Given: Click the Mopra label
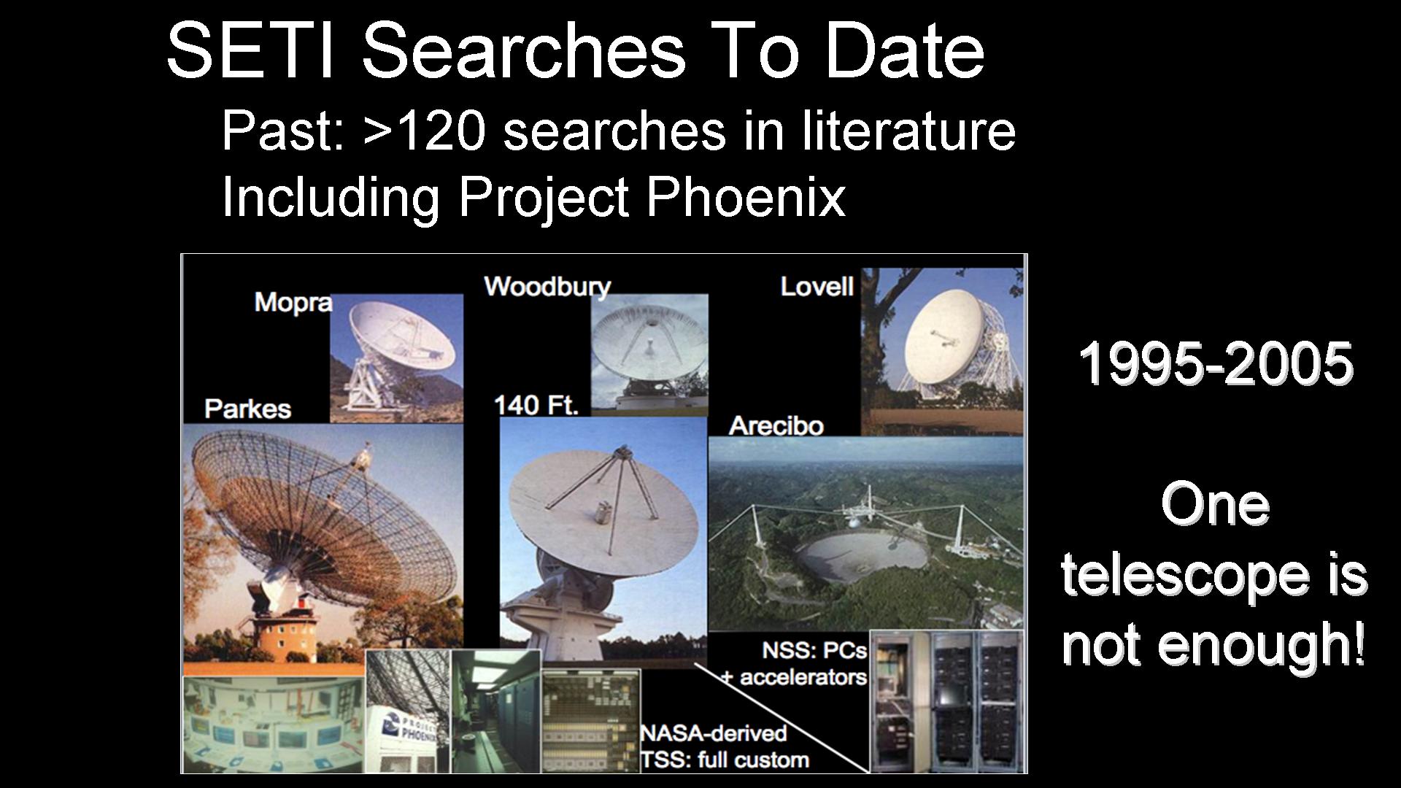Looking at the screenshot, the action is click(x=293, y=302).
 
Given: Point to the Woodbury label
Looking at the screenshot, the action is click(x=547, y=287).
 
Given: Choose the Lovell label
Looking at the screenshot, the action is click(x=817, y=286).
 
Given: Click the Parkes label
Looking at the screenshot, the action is click(x=247, y=409).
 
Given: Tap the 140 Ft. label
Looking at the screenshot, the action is click(x=536, y=404).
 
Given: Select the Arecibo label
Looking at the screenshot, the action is click(x=776, y=425).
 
